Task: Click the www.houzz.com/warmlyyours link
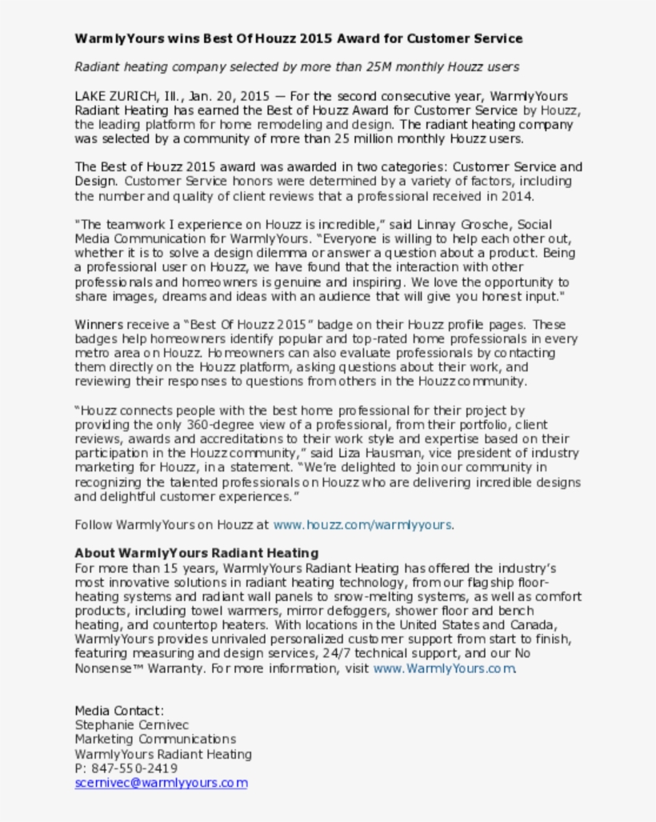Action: tap(362, 525)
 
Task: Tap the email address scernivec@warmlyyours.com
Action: tap(161, 783)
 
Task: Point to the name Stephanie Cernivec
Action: tap(126, 725)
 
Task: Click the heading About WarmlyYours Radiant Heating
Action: tap(196, 553)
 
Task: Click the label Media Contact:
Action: tap(119, 711)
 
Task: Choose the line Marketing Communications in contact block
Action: tap(155, 740)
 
